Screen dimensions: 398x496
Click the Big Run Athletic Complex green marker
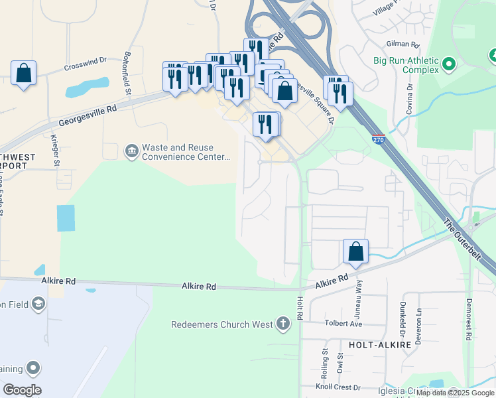(x=449, y=64)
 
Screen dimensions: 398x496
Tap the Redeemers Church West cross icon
(x=283, y=324)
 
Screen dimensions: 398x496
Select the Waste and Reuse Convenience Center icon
(x=131, y=152)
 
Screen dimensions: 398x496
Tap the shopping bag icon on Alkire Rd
(x=356, y=252)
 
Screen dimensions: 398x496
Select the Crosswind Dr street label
(x=86, y=64)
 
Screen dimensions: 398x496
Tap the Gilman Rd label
(x=406, y=45)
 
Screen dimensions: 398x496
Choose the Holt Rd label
(x=300, y=309)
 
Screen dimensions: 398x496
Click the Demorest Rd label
(x=468, y=319)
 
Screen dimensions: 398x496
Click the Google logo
(x=22, y=389)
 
